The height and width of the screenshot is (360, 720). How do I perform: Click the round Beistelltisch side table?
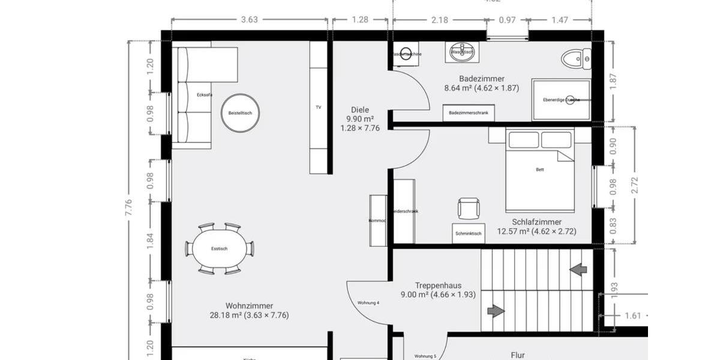point(240,113)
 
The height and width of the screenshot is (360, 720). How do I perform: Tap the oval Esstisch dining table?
point(219,248)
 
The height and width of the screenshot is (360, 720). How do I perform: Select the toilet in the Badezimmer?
point(576,59)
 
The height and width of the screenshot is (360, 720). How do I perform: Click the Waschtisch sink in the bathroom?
point(461,52)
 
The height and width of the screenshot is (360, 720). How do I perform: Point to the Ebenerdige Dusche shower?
point(560,100)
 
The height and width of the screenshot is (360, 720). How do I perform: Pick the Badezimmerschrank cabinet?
point(469,113)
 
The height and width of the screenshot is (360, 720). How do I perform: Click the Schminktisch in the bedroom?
point(469,233)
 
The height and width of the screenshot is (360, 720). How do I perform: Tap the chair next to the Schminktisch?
point(469,209)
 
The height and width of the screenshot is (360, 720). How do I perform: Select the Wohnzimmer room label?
point(249,306)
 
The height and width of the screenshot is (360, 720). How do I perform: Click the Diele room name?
point(360,110)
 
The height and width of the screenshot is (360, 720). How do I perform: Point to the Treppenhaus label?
point(438,286)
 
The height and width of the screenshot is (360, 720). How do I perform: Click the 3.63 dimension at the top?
point(249,20)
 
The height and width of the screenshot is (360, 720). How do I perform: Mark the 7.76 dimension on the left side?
point(128,207)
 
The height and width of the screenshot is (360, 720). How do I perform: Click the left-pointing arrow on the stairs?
point(578,269)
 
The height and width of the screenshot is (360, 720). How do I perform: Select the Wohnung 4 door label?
point(368,303)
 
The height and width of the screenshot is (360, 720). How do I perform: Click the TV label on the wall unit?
point(319,107)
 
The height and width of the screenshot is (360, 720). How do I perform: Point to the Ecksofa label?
point(204,95)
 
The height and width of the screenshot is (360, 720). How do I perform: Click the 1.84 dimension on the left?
point(151,240)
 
